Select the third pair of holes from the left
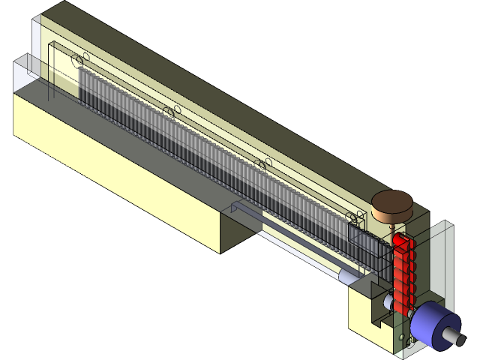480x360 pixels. click(262, 163)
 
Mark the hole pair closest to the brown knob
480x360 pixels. click(356, 217)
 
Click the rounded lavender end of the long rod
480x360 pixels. click(346, 275)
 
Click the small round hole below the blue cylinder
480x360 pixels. click(409, 341)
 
